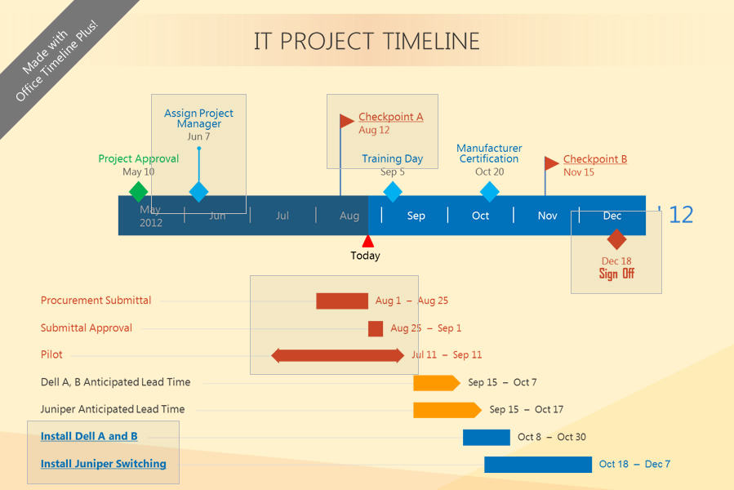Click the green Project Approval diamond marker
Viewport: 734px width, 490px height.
[139, 192]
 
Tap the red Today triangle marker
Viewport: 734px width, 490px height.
[368, 241]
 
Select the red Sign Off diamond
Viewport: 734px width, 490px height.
[616, 239]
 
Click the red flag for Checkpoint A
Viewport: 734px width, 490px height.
[347, 121]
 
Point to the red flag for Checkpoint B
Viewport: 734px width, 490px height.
[552, 163]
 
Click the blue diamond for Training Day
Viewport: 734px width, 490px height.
[392, 192]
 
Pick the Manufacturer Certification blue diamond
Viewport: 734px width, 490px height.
[490, 192]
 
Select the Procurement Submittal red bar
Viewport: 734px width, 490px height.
[342, 301]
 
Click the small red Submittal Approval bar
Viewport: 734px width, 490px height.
[376, 329]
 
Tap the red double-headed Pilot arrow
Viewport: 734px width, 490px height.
[337, 355]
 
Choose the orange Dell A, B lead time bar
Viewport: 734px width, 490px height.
[437, 383]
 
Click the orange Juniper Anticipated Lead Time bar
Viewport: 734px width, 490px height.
[447, 410]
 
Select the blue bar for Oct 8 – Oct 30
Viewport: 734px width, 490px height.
[487, 438]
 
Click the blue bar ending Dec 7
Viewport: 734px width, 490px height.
[538, 465]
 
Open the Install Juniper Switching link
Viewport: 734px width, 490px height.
[104, 464]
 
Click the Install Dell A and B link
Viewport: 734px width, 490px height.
[89, 437]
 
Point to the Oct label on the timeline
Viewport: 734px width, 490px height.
[480, 216]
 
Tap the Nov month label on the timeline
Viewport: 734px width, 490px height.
[547, 216]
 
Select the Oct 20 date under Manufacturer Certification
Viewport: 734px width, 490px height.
[490, 172]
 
